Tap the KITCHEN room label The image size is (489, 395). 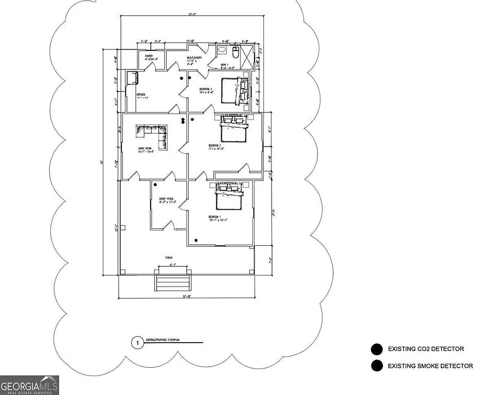141,95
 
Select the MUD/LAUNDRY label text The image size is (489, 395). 194,58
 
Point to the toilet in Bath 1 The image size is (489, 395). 236,51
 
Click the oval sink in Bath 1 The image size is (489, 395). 222,50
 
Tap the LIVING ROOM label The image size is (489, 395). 144,150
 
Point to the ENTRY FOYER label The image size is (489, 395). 167,200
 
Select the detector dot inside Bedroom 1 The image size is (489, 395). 195,240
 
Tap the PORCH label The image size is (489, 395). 168,257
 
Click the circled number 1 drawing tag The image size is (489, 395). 137,342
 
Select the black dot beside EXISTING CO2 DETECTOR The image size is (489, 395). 376,350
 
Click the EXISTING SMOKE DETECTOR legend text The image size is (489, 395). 430,366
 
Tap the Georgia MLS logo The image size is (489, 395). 30,385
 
